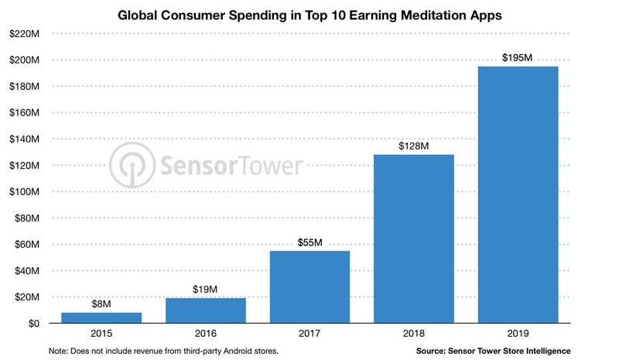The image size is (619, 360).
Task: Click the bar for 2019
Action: pyautogui.click(x=518, y=195)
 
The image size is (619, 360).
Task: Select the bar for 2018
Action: pyautogui.click(x=413, y=238)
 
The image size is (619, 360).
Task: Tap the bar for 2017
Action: pyautogui.click(x=309, y=286)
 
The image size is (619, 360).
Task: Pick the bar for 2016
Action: pyautogui.click(x=206, y=310)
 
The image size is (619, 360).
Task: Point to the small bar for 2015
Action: pyautogui.click(x=101, y=317)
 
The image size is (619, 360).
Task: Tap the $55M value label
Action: pyautogui.click(x=309, y=243)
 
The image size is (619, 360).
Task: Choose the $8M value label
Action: pyautogui.click(x=101, y=305)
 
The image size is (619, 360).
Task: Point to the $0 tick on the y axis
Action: pyautogui.click(x=34, y=324)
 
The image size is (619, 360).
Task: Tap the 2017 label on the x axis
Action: pyautogui.click(x=309, y=334)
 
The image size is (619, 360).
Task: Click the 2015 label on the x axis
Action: pyautogui.click(x=101, y=334)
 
